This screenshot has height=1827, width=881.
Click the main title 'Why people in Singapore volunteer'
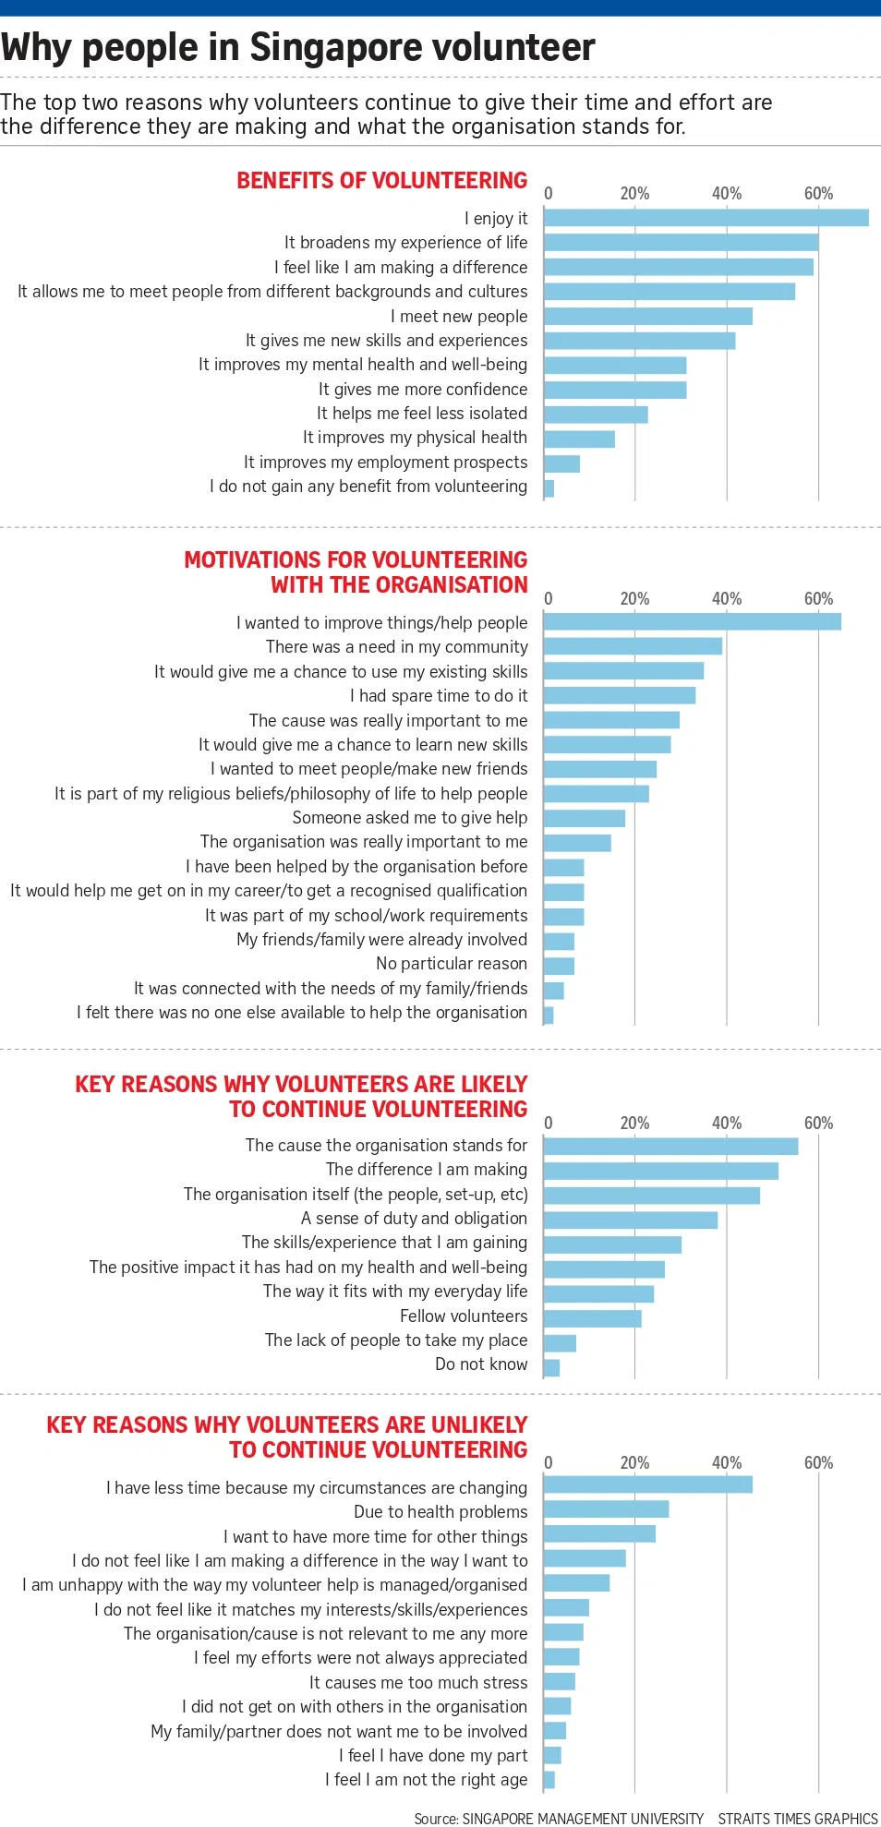click(x=298, y=48)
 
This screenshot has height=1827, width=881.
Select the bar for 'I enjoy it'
click(x=706, y=218)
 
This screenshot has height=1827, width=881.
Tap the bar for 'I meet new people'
click(x=647, y=317)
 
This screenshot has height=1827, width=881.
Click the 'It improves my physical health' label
click(x=415, y=438)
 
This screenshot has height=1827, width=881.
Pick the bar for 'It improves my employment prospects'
click(x=561, y=463)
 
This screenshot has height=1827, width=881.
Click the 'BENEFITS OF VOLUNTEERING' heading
click(x=381, y=181)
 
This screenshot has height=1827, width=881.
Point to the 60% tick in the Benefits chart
click(x=818, y=194)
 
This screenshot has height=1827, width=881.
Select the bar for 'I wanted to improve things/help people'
click(x=692, y=622)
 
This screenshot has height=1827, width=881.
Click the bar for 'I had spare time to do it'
click(x=619, y=695)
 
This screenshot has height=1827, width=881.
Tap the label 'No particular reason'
click(x=452, y=964)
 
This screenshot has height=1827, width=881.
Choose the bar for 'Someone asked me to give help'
click(x=584, y=818)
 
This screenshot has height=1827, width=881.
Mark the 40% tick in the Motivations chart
click(x=727, y=599)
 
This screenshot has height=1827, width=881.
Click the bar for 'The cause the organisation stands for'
click(x=670, y=1147)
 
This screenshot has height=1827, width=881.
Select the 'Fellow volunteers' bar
click(x=592, y=1317)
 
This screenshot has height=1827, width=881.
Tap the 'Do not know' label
click(x=481, y=1364)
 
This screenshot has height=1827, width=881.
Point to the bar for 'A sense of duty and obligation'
click(x=630, y=1220)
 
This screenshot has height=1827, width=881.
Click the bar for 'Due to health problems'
click(x=606, y=1509)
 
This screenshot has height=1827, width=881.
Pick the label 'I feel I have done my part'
click(x=433, y=1756)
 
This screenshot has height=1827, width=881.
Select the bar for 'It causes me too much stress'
click(x=560, y=1682)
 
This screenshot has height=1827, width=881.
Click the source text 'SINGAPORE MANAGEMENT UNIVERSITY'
click(x=583, y=1819)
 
